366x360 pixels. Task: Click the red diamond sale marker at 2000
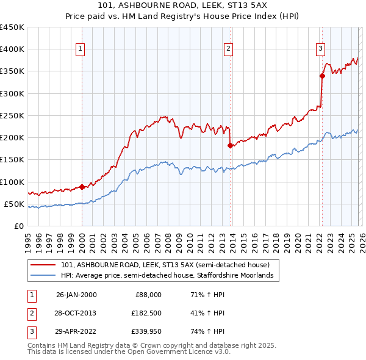click(82, 187)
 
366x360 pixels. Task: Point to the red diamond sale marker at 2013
click(230, 145)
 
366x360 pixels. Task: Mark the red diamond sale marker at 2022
click(322, 76)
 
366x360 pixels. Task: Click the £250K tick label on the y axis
click(12, 115)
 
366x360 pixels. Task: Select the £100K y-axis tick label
click(12, 182)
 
